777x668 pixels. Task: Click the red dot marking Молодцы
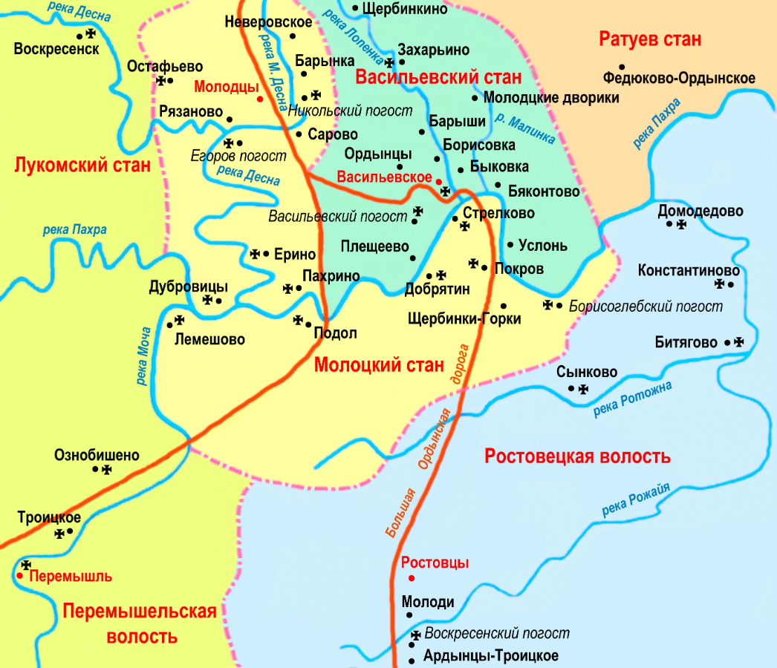coord(259,99)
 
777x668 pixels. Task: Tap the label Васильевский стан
coord(438,77)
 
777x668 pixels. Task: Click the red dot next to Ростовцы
coord(411,578)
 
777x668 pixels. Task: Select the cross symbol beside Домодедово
coord(681,223)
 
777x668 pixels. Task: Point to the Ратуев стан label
coord(650,39)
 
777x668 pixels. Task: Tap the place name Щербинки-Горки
coord(464,319)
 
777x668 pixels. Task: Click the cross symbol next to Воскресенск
coord(91,33)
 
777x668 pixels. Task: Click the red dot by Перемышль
coord(21,575)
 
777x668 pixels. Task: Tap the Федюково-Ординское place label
coord(679,79)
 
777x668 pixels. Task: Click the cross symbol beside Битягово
coord(738,342)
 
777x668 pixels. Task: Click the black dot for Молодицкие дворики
coord(475,98)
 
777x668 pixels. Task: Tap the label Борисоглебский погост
coord(645,306)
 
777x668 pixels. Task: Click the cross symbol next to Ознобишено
coord(107,469)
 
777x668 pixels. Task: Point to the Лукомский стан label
coord(82,166)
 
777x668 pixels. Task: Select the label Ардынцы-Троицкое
coord(490,656)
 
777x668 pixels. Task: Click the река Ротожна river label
coord(633,399)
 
